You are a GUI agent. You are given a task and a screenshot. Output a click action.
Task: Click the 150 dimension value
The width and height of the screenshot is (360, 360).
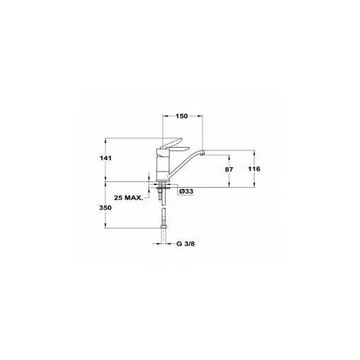click(181, 116)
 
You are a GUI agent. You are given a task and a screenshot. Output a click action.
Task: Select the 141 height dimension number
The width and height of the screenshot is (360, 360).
click(106, 158)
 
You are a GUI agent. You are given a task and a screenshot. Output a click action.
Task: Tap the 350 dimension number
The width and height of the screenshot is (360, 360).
click(105, 207)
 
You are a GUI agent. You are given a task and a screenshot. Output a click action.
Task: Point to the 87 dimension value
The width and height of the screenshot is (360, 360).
click(229, 169)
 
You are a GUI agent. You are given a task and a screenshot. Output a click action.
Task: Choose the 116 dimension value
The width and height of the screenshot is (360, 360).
click(255, 169)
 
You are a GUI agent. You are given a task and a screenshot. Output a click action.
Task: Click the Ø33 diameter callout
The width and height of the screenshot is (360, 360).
click(186, 191)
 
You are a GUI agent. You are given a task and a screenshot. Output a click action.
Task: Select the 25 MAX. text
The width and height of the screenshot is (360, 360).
click(129, 198)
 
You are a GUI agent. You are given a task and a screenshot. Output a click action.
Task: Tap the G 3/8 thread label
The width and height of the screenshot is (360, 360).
click(186, 244)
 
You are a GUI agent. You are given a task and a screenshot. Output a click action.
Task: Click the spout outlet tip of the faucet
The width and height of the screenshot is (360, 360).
click(203, 153)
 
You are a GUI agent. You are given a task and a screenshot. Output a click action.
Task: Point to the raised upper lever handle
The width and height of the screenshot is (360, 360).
click(172, 143)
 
